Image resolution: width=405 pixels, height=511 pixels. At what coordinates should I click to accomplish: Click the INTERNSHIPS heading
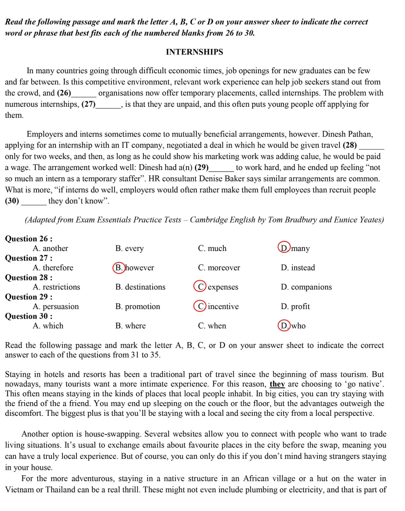[194, 52]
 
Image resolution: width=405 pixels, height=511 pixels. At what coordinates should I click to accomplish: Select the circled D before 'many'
[284, 248]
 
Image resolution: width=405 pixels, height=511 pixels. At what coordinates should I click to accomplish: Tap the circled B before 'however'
[119, 268]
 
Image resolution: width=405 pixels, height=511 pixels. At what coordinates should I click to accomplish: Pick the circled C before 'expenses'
[200, 287]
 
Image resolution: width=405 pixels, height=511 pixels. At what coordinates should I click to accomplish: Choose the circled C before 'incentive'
[200, 306]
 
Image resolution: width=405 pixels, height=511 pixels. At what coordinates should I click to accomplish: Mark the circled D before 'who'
[284, 326]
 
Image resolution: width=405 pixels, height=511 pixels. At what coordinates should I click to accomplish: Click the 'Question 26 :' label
[29, 238]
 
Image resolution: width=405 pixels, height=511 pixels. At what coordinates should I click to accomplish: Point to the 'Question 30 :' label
[29, 316]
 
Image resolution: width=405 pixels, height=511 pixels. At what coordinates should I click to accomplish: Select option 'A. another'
[50, 248]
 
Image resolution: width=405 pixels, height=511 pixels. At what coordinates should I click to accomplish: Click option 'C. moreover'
[219, 268]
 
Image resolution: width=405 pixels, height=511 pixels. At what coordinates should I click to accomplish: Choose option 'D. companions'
[306, 287]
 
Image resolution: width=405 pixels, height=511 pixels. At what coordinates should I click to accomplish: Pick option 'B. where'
[130, 326]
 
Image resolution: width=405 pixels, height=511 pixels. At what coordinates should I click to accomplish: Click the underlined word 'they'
[277, 384]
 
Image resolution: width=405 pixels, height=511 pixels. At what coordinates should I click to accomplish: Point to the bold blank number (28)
[350, 145]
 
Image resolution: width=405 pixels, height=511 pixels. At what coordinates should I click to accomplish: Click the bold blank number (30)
[12, 201]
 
